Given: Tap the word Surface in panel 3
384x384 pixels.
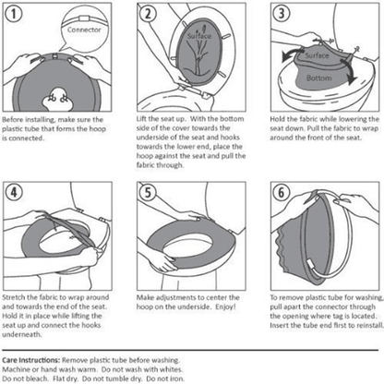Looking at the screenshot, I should coord(318,56).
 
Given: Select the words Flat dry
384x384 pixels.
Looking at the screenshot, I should coord(69,378).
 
